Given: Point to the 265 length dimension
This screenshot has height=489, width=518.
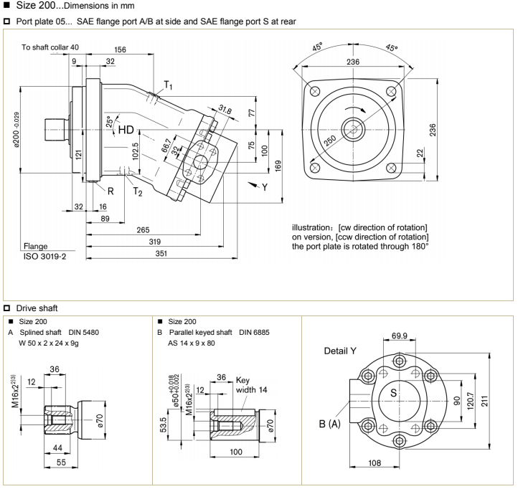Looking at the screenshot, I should pyautogui.click(x=146, y=230).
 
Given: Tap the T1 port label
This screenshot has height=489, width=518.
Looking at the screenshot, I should pyautogui.click(x=168, y=85).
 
